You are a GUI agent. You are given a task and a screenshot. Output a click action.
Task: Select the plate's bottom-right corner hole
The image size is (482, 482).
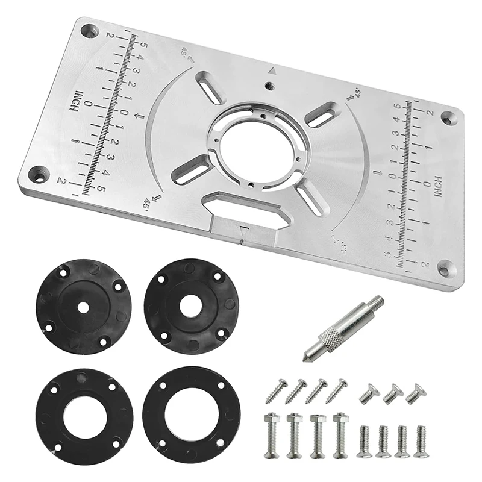445,269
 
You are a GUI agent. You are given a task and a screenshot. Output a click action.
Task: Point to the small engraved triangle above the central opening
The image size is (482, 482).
272,70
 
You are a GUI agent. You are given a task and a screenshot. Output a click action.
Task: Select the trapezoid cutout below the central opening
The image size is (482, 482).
244,208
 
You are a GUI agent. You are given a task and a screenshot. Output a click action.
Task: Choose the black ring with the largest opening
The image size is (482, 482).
192,415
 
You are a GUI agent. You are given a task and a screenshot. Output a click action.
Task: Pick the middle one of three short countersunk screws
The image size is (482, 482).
392,394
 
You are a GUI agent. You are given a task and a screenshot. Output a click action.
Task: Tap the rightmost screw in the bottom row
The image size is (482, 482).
420,442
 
